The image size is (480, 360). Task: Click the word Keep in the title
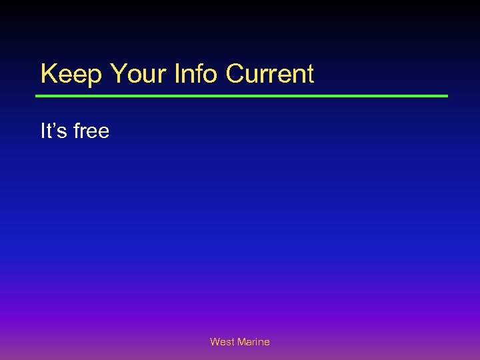(x=71, y=74)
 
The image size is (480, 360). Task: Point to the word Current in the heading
(x=270, y=74)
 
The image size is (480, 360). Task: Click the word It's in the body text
(x=54, y=131)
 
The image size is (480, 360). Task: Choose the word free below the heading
(x=91, y=131)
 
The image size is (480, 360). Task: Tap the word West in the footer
(x=222, y=342)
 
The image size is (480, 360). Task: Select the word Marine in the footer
(x=253, y=342)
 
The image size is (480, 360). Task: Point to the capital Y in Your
(x=117, y=74)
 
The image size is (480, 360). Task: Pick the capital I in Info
(x=177, y=74)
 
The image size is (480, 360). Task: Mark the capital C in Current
(x=235, y=74)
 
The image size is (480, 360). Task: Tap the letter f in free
(x=77, y=131)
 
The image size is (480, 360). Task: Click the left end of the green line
(x=37, y=96)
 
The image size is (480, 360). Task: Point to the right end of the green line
(x=447, y=96)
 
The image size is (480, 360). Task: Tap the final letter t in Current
(x=309, y=74)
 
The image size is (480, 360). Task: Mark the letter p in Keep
(x=94, y=76)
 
